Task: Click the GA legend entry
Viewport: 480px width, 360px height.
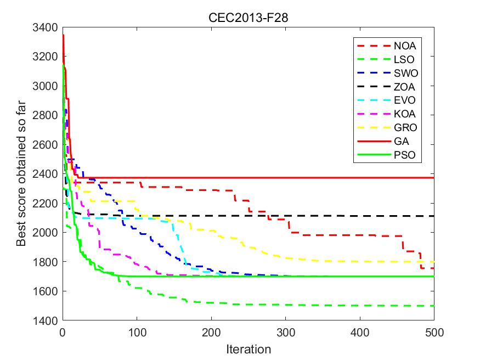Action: [400, 142]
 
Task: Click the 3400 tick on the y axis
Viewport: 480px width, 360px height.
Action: [48, 27]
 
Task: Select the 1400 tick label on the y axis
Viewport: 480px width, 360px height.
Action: [48, 320]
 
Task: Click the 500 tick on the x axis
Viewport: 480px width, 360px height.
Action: [433, 333]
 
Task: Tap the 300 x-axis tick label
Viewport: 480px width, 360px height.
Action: [285, 333]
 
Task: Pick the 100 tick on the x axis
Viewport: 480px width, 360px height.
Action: [137, 333]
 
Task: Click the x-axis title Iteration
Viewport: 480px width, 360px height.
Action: [249, 349]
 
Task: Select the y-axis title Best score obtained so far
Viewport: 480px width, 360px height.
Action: [22, 174]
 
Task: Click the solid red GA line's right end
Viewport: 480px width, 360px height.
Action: [433, 178]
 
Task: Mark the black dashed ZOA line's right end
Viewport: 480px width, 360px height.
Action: [433, 216]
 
